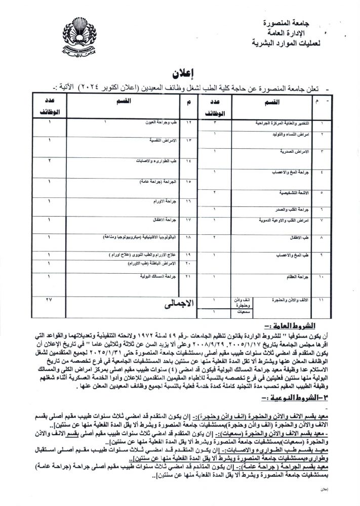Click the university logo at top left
pos(81,36)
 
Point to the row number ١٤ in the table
pos(188,162)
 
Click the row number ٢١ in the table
pos(189,278)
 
